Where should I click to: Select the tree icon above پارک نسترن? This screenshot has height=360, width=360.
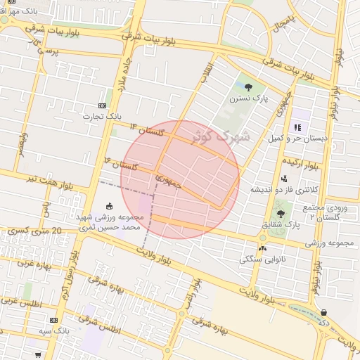point(250,87)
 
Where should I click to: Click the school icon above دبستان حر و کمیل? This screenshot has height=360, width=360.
point(297,127)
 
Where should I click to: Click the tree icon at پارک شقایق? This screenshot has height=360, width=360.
point(281,212)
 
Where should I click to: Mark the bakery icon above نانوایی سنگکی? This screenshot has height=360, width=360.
point(263,247)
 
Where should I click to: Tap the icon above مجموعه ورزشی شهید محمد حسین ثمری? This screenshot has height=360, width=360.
point(110,206)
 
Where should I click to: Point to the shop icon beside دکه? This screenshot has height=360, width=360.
point(323,313)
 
